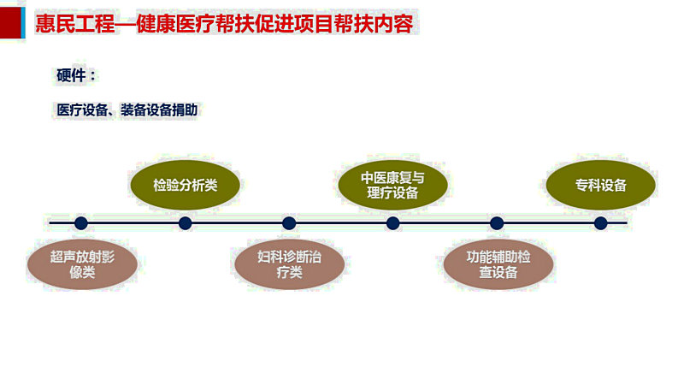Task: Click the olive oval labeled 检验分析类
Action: [x=185, y=185]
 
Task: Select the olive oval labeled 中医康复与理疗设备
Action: [x=392, y=185]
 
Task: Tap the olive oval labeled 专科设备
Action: [x=601, y=185]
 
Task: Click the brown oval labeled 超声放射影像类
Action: [x=82, y=264]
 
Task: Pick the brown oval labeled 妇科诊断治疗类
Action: [x=289, y=264]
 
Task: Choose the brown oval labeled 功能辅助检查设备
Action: [x=498, y=264]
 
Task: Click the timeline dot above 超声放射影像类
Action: [x=81, y=223]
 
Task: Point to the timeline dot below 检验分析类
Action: [x=185, y=223]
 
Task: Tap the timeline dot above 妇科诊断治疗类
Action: [x=289, y=223]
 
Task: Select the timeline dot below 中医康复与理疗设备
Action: [x=392, y=223]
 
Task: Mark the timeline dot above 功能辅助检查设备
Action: [x=497, y=223]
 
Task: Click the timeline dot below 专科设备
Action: [x=601, y=223]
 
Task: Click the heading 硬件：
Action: [x=76, y=75]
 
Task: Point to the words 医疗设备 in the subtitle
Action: [x=82, y=110]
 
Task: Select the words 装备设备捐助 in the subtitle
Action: [x=159, y=110]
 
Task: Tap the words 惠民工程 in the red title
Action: [x=75, y=24]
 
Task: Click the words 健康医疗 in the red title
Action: [x=175, y=24]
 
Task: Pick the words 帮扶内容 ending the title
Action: [x=374, y=24]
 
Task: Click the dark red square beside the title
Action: [x=10, y=23]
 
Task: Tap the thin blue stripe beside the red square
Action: [x=23, y=23]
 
